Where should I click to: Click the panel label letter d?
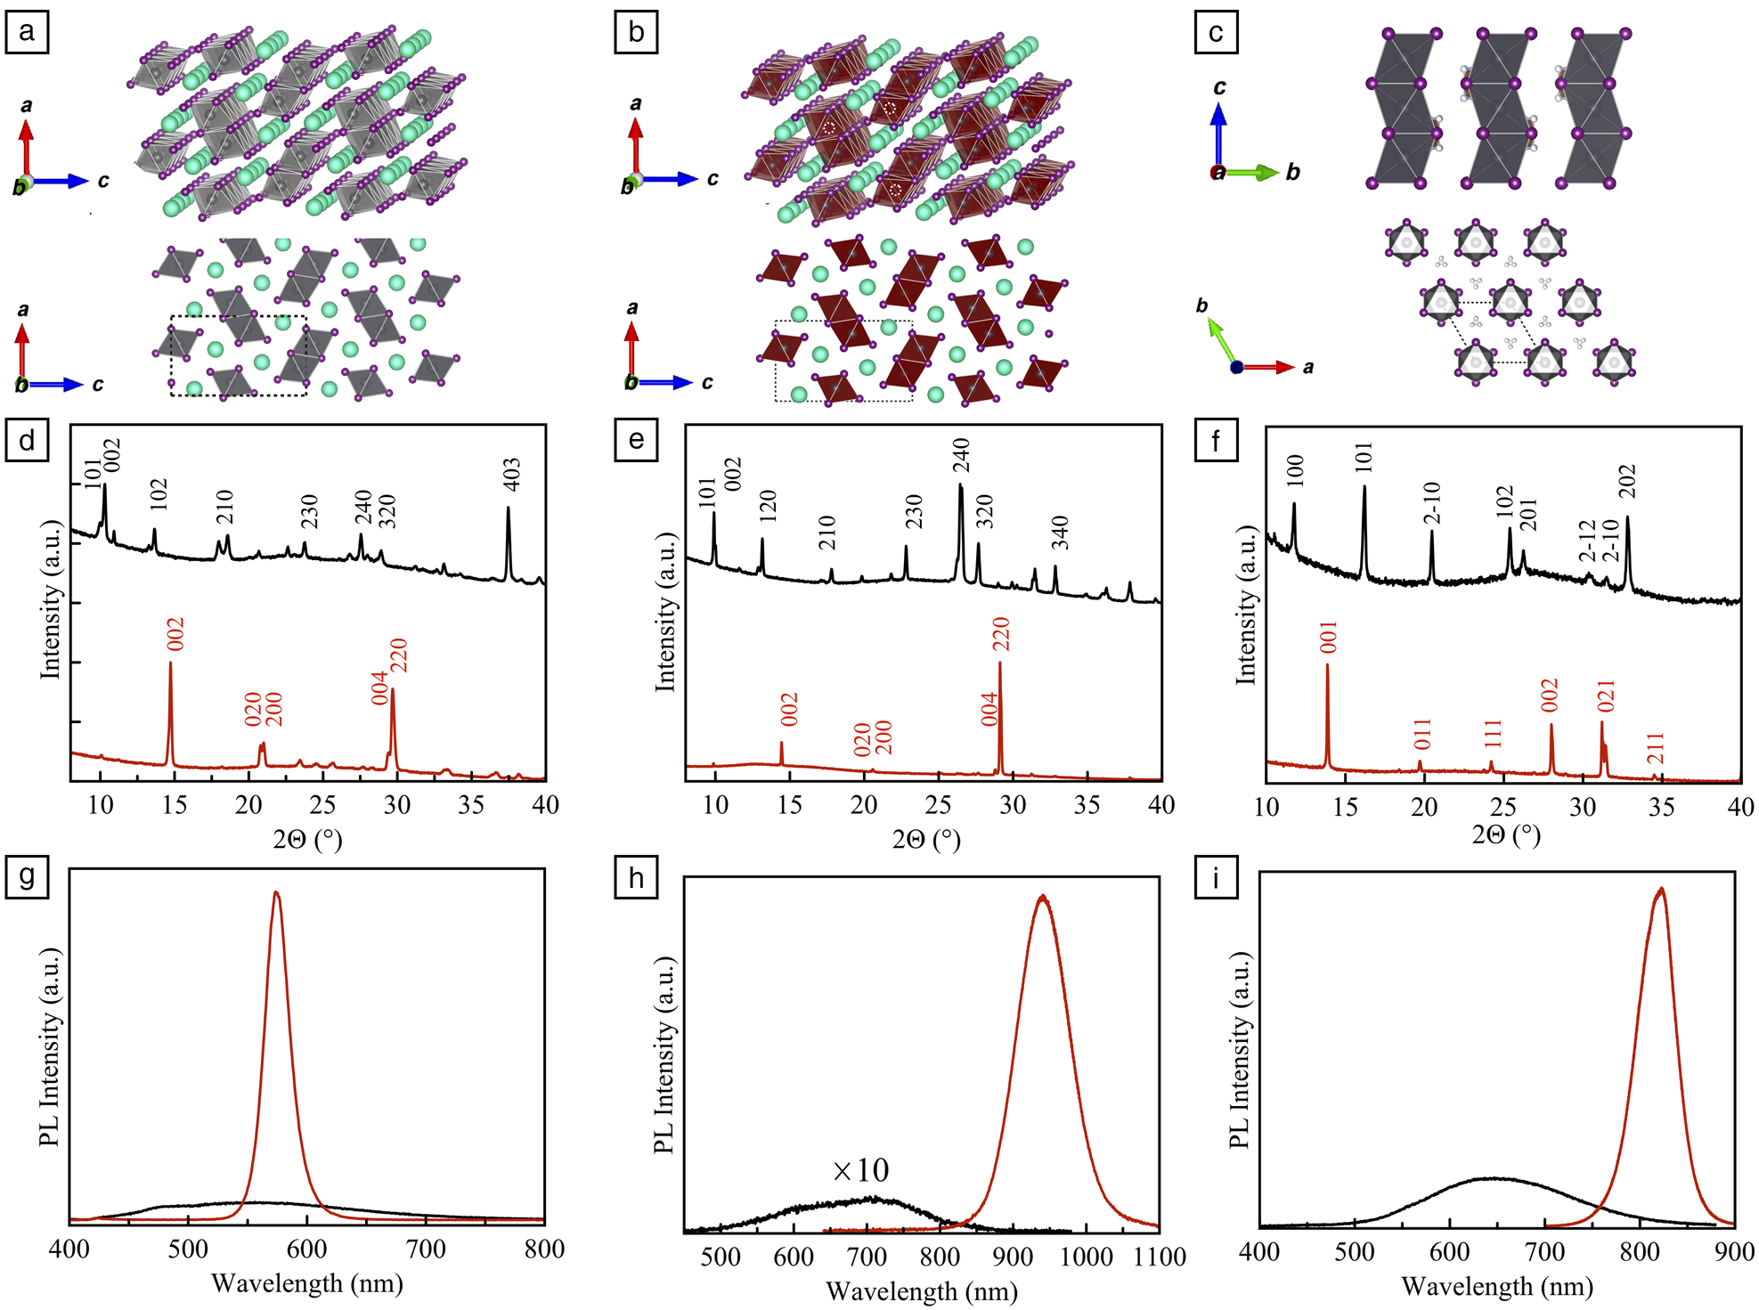[27, 441]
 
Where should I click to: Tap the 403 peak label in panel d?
[511, 475]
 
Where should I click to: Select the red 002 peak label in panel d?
[175, 634]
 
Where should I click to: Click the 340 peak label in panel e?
[1059, 533]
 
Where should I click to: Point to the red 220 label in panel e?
[1001, 633]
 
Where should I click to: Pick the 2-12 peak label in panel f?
[1588, 541]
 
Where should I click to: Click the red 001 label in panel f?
[1328, 638]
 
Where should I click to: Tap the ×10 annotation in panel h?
[860, 1170]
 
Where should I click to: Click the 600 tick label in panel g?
[306, 1249]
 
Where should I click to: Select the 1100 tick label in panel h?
[1159, 1257]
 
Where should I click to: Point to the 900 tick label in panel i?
[1733, 1251]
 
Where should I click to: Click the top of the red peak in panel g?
[276, 892]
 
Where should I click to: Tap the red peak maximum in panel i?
[1660, 889]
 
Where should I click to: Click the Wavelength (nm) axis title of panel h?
[921, 1290]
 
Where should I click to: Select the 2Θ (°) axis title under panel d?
[307, 839]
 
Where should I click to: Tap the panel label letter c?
[1216, 33]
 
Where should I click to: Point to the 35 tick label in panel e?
[1087, 805]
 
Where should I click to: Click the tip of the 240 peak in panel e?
[960, 485]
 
